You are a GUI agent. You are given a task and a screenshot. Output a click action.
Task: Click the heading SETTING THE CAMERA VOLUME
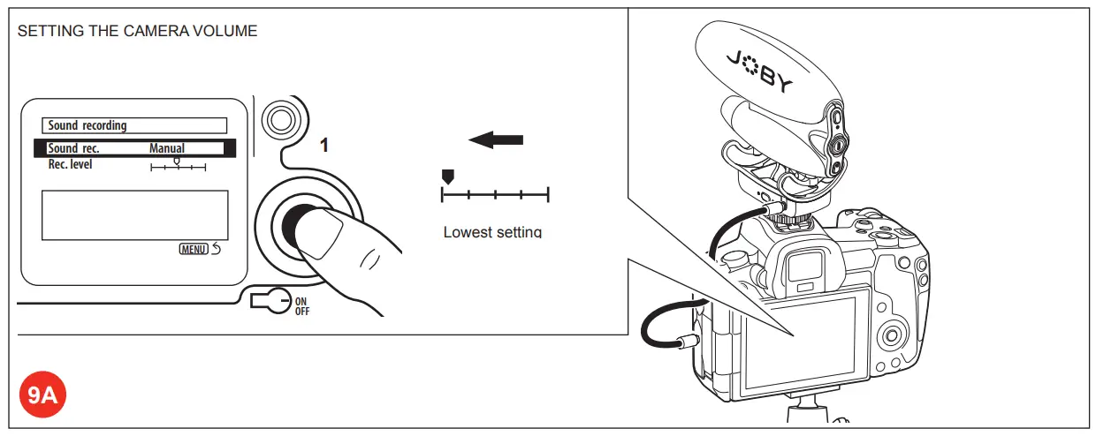(137, 32)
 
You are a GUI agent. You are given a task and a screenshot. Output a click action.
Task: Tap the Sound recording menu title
(88, 126)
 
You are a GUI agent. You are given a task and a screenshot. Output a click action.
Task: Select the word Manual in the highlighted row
(167, 148)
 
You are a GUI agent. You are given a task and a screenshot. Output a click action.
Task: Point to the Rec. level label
(70, 164)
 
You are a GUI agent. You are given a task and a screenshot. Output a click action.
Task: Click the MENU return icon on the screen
(200, 249)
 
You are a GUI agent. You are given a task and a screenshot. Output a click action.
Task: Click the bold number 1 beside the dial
(324, 146)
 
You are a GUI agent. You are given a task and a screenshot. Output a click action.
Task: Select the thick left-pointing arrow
(496, 139)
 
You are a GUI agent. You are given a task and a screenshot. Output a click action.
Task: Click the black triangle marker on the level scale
(447, 177)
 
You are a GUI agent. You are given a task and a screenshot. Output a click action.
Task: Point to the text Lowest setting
(491, 232)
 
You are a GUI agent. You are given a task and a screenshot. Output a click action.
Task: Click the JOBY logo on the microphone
(760, 71)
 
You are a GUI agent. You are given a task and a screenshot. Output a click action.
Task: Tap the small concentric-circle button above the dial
(280, 118)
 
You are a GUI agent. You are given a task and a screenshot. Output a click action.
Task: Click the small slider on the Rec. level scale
(178, 162)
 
